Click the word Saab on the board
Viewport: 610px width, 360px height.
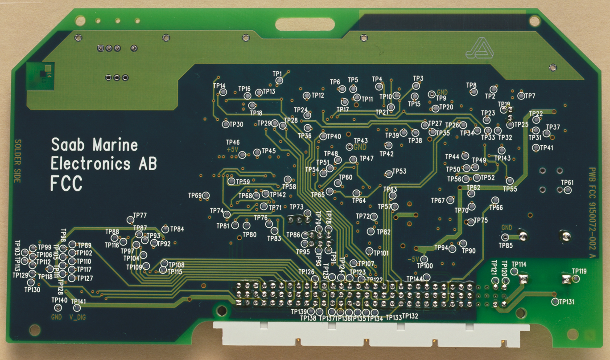click(70, 145)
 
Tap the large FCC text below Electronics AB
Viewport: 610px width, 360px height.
click(66, 183)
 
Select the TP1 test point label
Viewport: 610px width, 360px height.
click(277, 73)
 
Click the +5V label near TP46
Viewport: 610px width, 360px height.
click(233, 150)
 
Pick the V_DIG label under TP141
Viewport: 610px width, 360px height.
click(78, 317)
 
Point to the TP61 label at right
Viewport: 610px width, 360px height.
click(567, 183)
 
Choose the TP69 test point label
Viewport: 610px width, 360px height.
click(195, 195)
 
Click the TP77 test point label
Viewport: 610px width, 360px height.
click(140, 215)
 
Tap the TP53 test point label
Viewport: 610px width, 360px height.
click(399, 172)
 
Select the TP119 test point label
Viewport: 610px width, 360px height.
click(579, 271)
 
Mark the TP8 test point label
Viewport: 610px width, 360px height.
click(471, 85)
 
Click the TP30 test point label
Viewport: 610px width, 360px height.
click(236, 124)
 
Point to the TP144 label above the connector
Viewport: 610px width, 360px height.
click(414, 279)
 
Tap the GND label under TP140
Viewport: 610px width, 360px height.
click(56, 317)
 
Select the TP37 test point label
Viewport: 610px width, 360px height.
click(553, 127)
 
